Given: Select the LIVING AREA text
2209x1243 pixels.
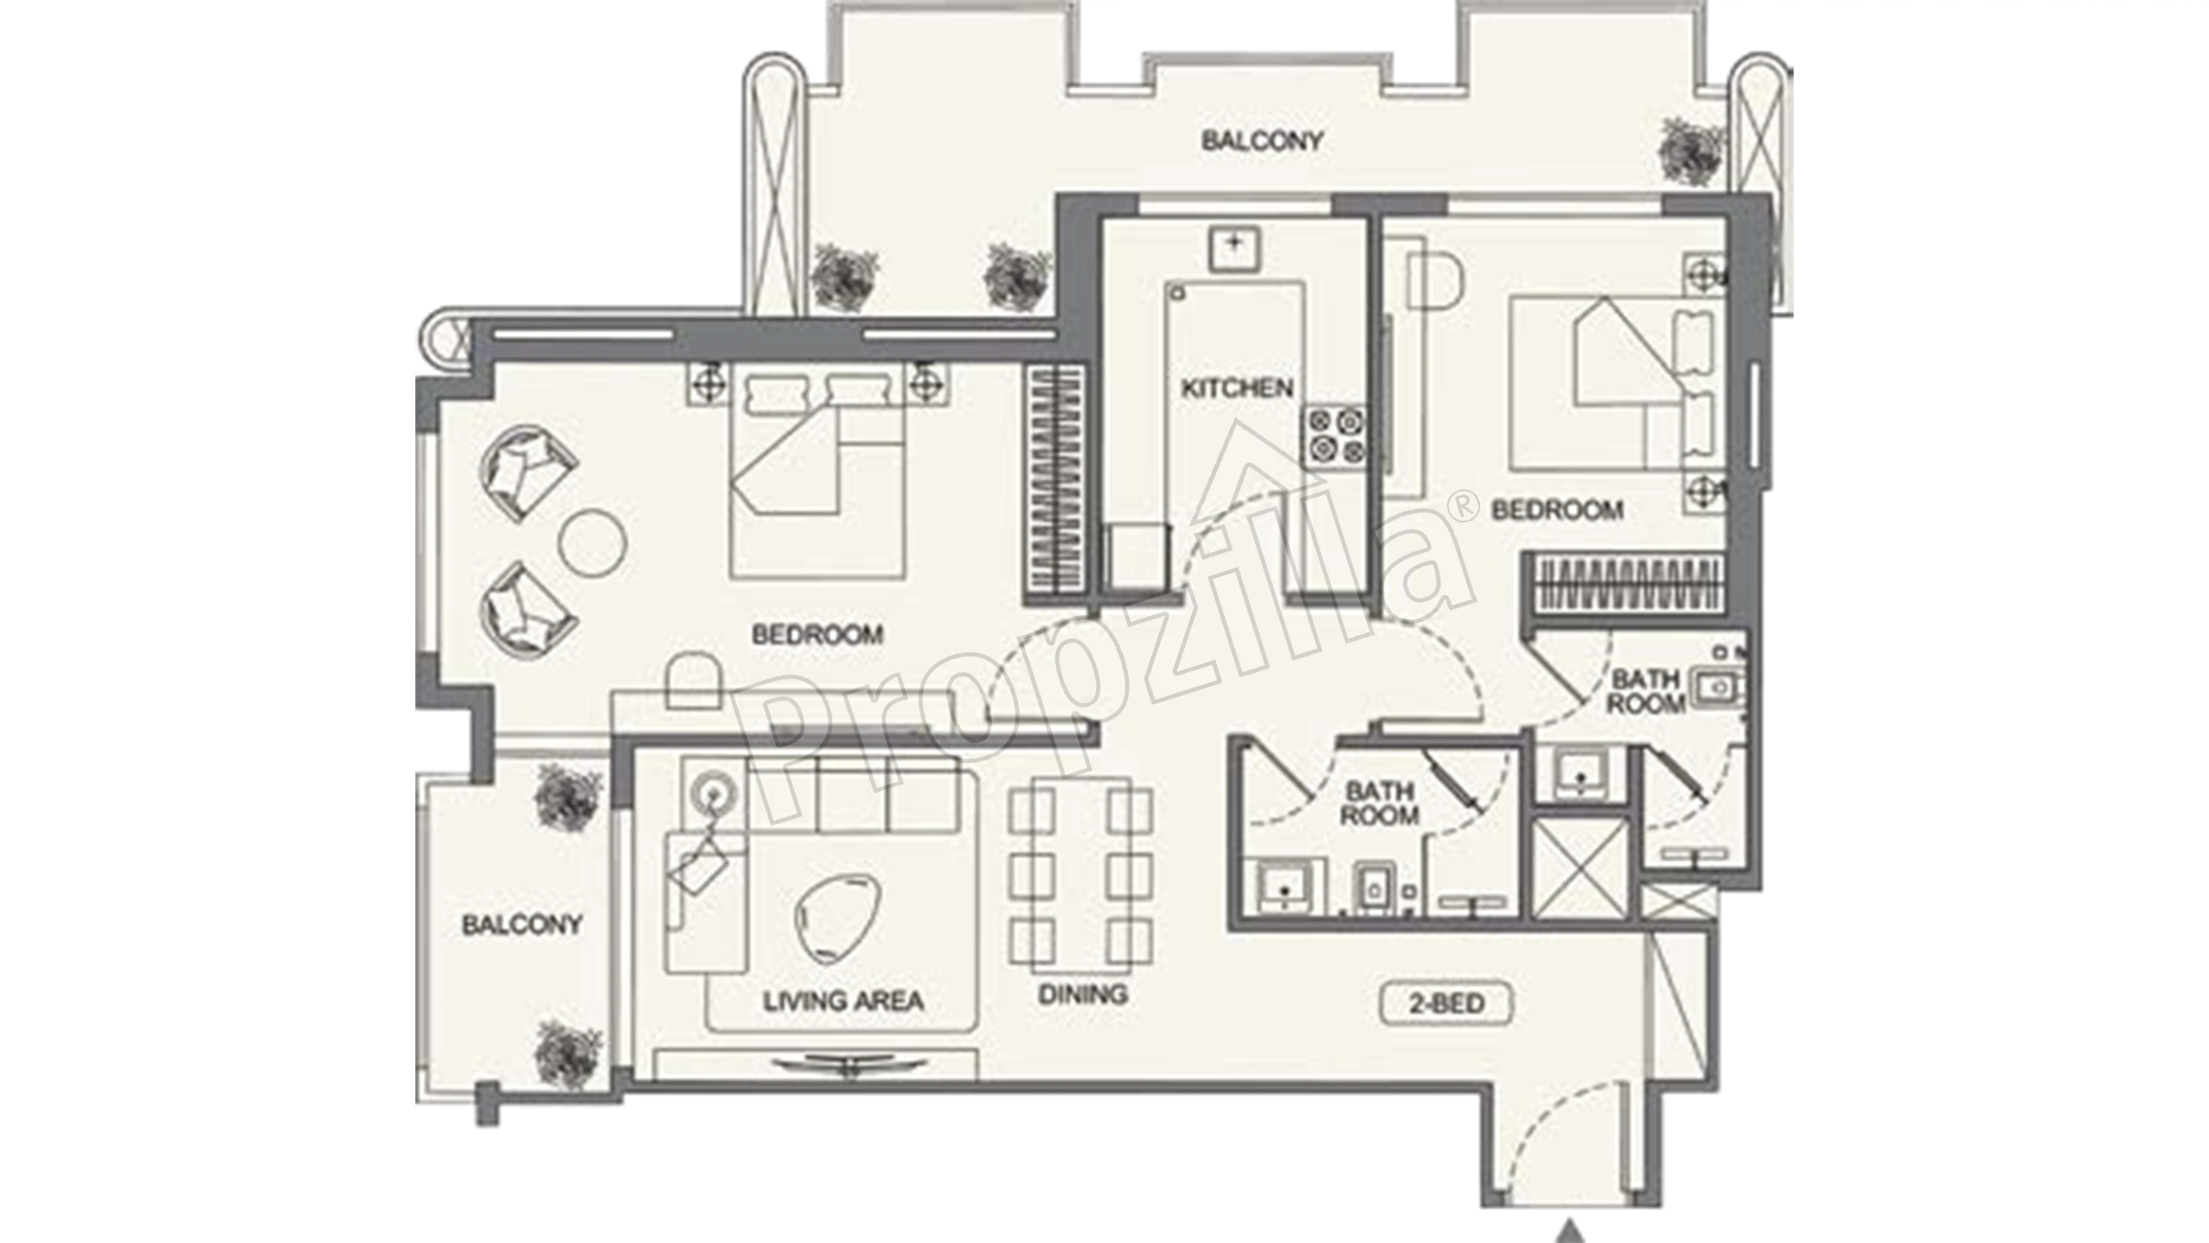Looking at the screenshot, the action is pyautogui.click(x=843, y=1000).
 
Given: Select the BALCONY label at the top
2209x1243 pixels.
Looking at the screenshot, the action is pyautogui.click(x=1261, y=141).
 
